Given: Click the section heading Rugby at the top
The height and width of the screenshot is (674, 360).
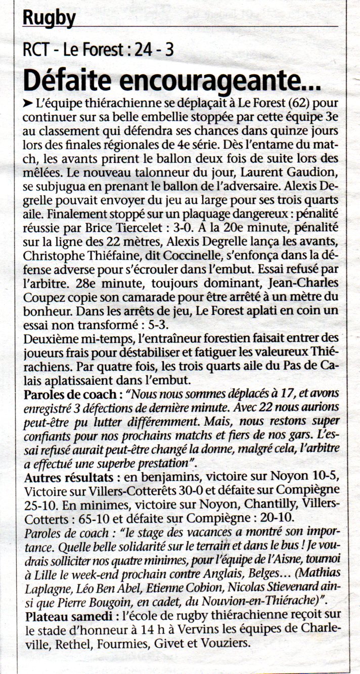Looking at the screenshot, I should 49,18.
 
